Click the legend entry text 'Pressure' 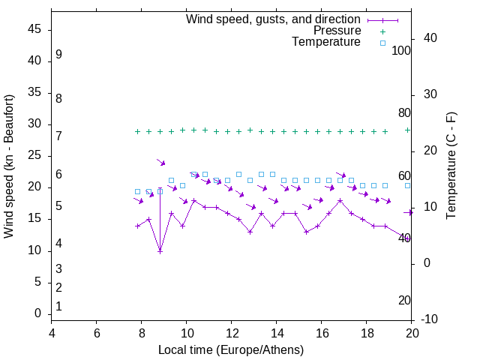pyautogui.click(x=337, y=31)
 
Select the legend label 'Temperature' pyautogui.click(x=325, y=42)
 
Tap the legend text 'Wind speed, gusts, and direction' pyautogui.click(x=273, y=19)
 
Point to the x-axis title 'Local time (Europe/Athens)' pyautogui.click(x=231, y=350)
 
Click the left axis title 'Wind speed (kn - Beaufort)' pyautogui.click(x=9, y=166)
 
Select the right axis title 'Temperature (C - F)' pyautogui.click(x=451, y=166)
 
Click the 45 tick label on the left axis pyautogui.click(x=34, y=30)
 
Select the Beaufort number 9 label pyautogui.click(x=58, y=55)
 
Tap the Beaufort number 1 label pyautogui.click(x=58, y=306)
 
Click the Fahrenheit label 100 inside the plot pyautogui.click(x=401, y=50)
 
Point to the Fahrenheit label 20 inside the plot pyautogui.click(x=404, y=301)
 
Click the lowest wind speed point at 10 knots pyautogui.click(x=160, y=251)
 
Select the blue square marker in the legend pyautogui.click(x=382, y=43)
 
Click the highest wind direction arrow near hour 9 pyautogui.click(x=160, y=162)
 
